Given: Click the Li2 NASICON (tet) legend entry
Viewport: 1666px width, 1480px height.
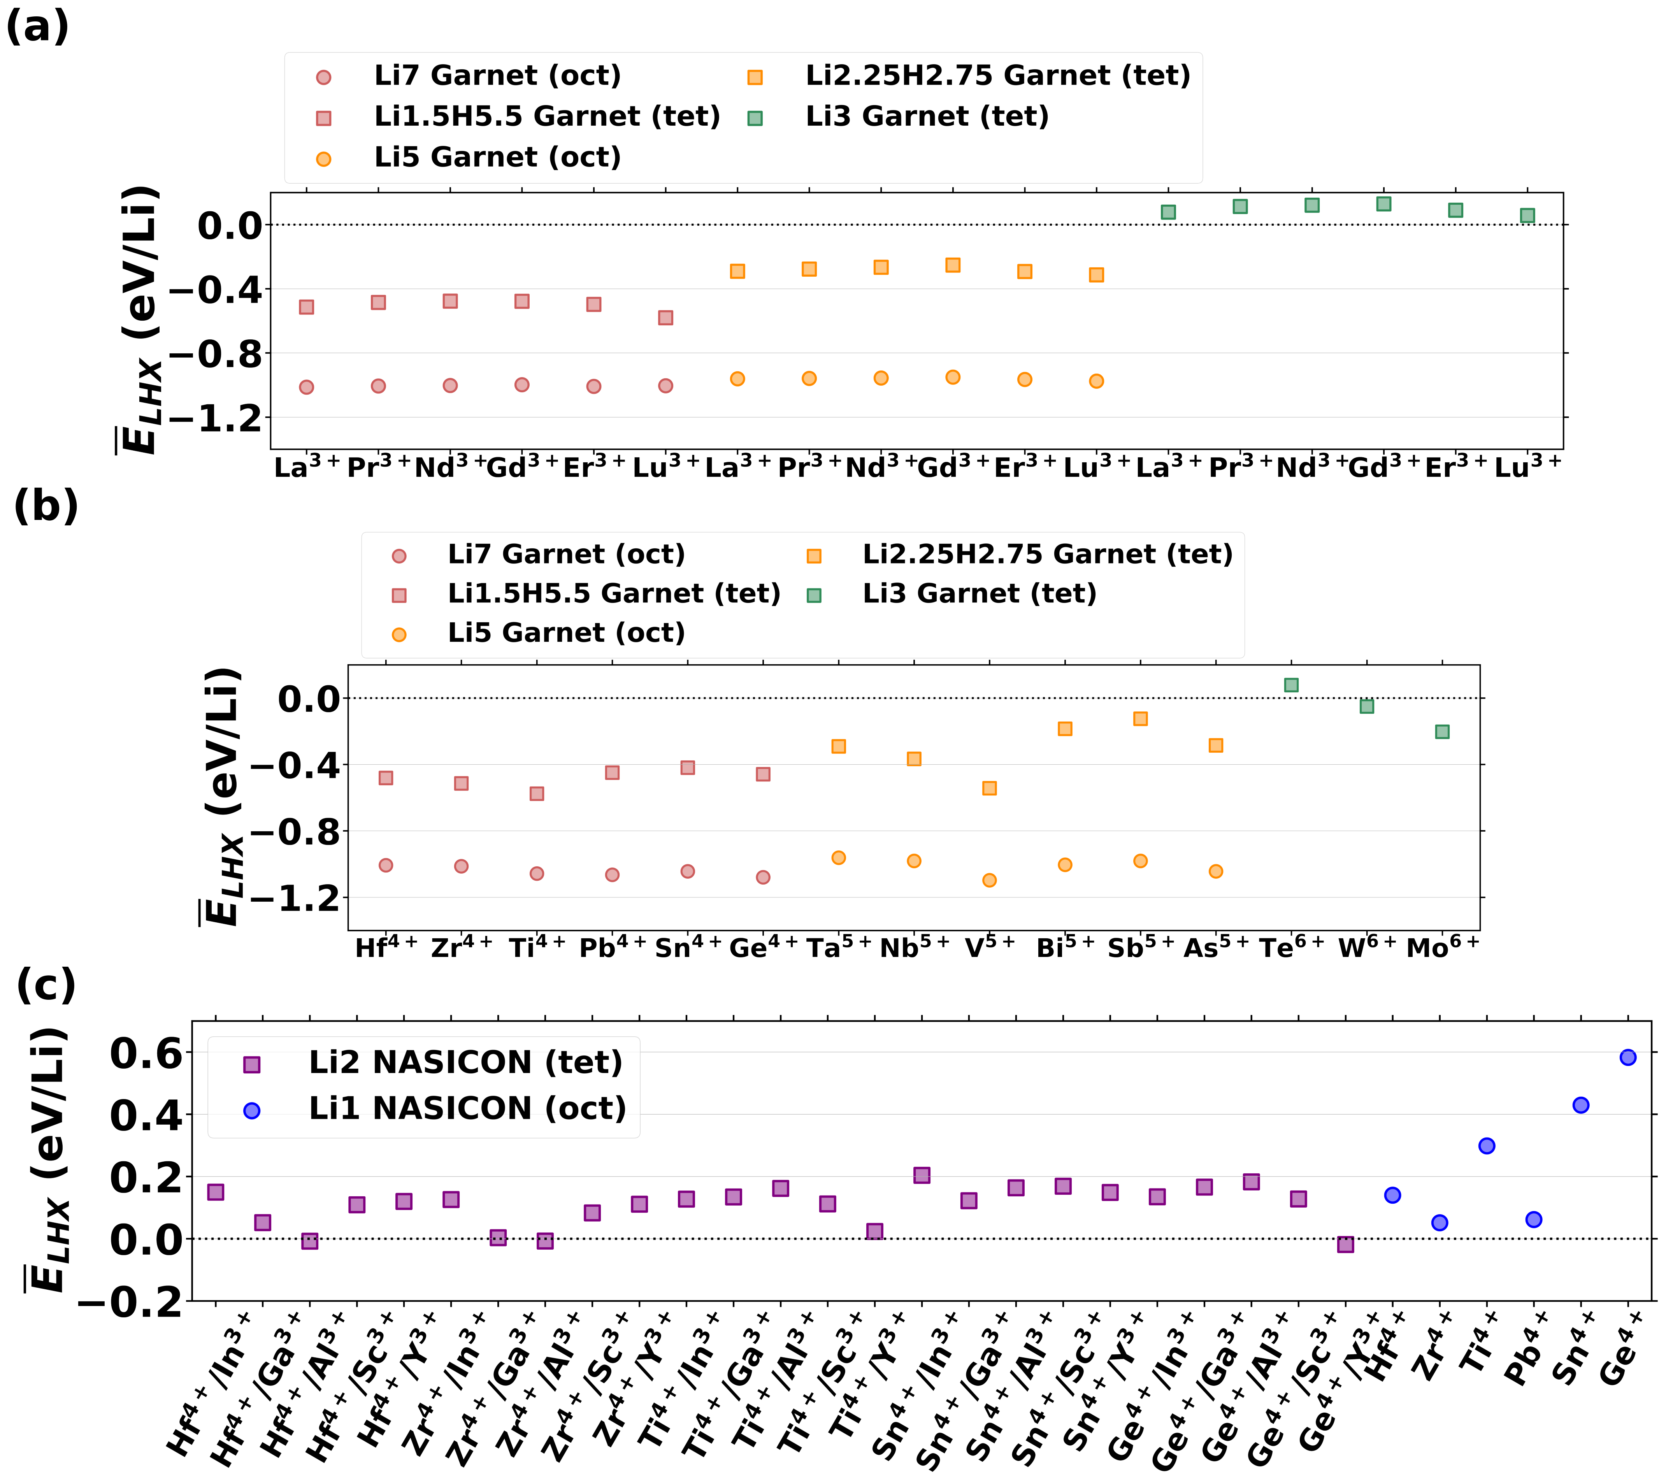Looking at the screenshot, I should (x=465, y=1063).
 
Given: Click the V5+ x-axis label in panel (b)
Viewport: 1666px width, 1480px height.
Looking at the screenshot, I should (x=990, y=948).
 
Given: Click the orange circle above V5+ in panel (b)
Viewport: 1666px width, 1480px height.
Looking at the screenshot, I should (x=990, y=880).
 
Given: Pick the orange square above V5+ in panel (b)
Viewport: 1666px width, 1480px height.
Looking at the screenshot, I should (x=990, y=788).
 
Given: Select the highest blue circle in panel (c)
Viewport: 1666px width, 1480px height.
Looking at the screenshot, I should (x=1628, y=1058).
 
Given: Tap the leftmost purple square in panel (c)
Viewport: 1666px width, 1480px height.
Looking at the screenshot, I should (x=215, y=1192).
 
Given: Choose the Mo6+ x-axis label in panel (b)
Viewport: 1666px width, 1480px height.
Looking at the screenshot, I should (x=1442, y=948).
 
